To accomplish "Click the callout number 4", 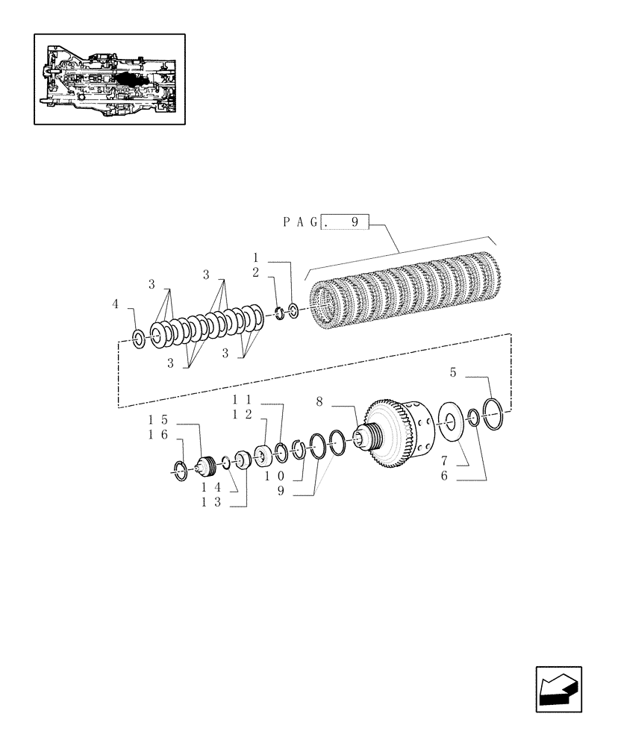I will click(115, 304).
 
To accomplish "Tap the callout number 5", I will click(454, 372).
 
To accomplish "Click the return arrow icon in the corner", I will click(557, 688).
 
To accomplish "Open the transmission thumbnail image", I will click(109, 78).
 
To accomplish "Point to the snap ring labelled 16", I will click(179, 471).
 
